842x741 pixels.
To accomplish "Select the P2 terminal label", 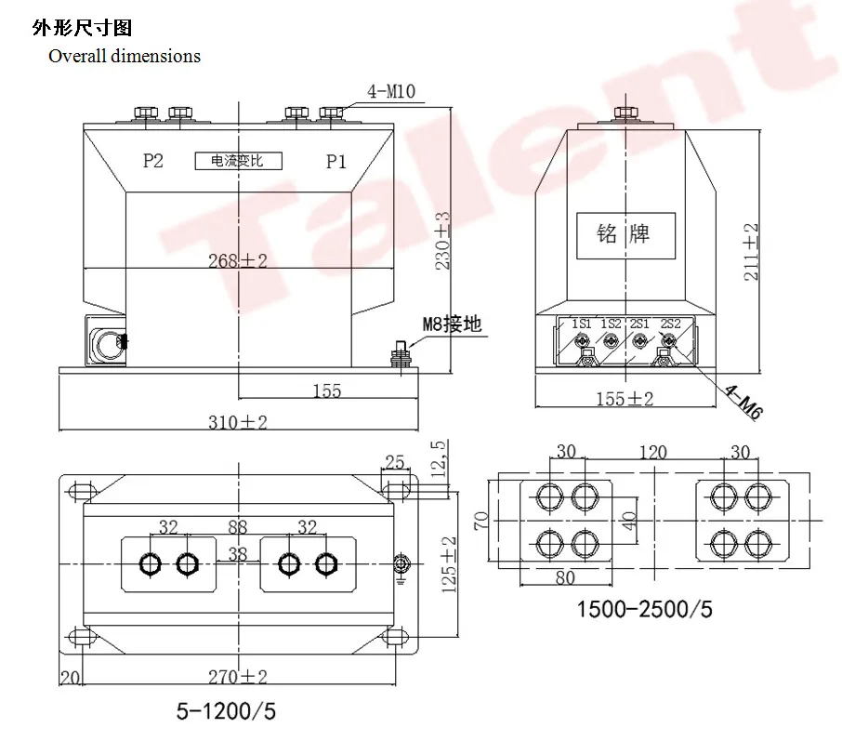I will tap(153, 161).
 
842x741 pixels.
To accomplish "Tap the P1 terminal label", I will tap(335, 162).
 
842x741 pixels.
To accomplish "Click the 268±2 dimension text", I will tap(237, 261).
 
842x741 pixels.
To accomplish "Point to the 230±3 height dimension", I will tap(443, 240).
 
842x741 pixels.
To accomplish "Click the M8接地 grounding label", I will tap(453, 324).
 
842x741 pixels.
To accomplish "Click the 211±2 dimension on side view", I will tap(752, 251).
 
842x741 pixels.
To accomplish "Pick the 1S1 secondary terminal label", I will tap(582, 323).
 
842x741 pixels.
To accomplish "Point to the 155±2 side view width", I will tap(624, 398).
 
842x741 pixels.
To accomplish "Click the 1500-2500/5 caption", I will tap(645, 610).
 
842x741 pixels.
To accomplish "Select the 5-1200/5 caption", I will tap(227, 711).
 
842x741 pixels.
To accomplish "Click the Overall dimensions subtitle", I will tap(125, 56).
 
